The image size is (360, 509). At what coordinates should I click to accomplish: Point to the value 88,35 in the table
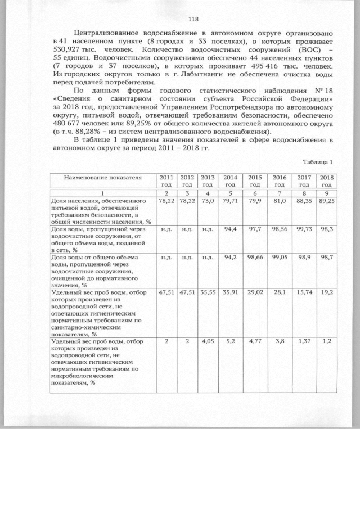point(304,201)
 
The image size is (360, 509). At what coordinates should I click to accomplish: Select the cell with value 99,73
point(304,230)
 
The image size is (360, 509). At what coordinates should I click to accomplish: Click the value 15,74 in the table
point(304,293)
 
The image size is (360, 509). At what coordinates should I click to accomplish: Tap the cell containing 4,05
point(208,341)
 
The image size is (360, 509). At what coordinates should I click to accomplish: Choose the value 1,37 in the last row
point(304,341)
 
